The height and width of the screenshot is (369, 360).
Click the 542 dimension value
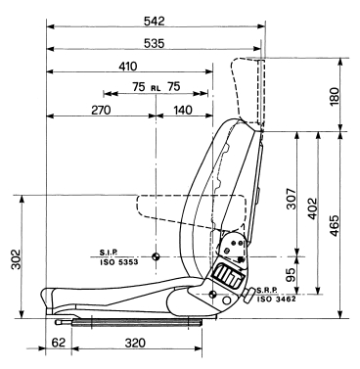coord(155,22)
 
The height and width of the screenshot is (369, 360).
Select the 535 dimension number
coord(155,43)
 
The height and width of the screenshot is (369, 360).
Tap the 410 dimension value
coord(128,67)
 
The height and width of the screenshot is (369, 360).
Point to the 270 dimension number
coord(101,111)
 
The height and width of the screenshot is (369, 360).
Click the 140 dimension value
coord(183,111)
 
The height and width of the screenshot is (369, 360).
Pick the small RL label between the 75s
coord(156,88)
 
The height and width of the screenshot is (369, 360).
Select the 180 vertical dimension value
coord(335,96)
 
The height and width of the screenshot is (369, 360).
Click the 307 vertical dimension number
coord(292,199)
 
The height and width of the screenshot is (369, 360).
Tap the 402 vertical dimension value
coord(312,208)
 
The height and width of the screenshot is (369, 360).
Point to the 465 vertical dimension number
coord(335,226)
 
